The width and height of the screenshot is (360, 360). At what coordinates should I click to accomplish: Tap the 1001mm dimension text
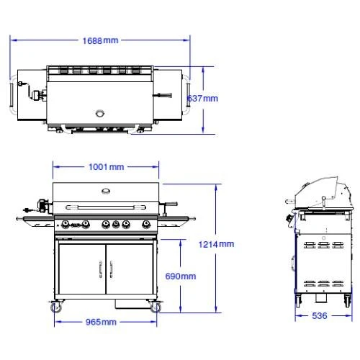106,167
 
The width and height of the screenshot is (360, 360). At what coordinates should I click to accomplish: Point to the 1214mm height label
217,245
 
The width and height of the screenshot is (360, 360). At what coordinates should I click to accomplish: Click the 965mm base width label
101,322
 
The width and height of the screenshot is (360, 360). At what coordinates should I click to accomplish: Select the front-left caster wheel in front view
56,307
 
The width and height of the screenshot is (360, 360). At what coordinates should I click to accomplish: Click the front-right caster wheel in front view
155,307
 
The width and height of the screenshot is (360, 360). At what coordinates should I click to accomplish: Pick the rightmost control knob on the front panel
146,224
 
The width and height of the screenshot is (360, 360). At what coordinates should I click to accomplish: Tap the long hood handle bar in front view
106,208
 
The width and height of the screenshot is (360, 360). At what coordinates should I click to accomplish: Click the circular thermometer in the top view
100,112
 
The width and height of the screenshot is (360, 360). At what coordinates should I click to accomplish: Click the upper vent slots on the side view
320,246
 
